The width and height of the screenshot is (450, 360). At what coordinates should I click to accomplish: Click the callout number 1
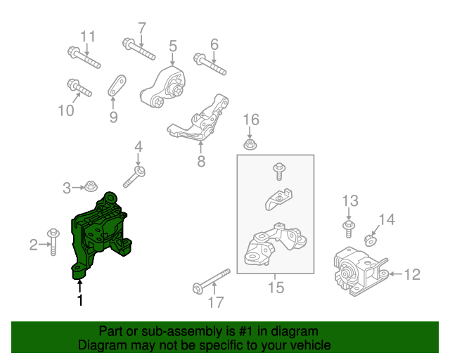coord(80,300)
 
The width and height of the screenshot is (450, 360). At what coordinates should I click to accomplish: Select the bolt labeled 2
coord(53,242)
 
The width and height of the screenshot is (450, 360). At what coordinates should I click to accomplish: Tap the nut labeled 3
coord(91,186)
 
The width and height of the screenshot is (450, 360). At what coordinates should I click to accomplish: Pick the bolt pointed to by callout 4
coord(134,177)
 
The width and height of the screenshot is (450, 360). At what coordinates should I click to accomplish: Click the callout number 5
coord(173,46)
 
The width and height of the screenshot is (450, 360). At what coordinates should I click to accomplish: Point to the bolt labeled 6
coord(210,64)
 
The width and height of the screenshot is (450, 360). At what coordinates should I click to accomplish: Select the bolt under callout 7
coord(139,49)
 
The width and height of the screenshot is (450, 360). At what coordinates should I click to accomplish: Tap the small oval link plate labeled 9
coord(117,86)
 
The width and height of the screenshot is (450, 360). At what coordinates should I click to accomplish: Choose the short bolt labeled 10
coord(79,88)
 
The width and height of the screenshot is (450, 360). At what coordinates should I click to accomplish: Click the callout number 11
coord(87,37)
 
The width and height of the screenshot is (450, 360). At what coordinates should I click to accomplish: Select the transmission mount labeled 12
coord(361,271)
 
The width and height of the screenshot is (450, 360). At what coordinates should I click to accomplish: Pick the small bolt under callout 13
coord(349,229)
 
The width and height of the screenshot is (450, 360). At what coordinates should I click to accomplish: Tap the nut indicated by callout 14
coord(371,240)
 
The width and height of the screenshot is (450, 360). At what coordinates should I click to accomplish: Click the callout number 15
coord(276,288)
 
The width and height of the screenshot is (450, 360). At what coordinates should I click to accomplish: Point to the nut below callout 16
coord(250,144)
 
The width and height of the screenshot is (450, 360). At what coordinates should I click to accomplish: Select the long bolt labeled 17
coord(212,281)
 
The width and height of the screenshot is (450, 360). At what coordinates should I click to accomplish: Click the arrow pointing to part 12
coord(396,274)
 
